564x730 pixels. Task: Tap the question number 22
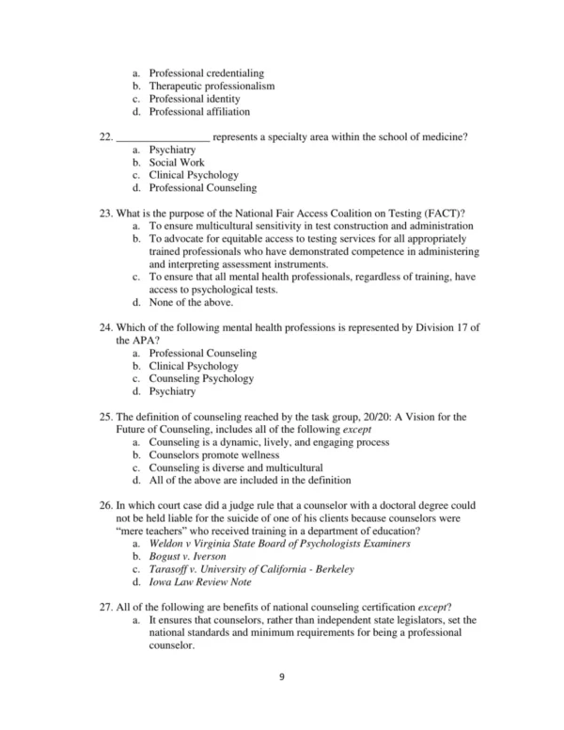pos(104,137)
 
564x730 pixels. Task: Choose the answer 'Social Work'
pos(177,162)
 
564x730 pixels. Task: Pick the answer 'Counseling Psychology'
pos(201,378)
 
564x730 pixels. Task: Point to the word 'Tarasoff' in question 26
pos(172,570)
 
